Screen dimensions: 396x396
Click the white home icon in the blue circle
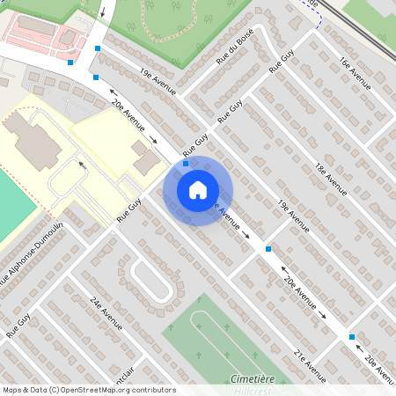point(198,190)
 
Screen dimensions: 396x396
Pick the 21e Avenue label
point(309,366)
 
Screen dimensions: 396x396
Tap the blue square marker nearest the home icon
point(186,164)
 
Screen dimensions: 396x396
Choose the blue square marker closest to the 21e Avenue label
point(352,337)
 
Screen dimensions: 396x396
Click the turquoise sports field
point(13,207)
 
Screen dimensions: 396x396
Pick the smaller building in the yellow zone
point(146,158)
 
